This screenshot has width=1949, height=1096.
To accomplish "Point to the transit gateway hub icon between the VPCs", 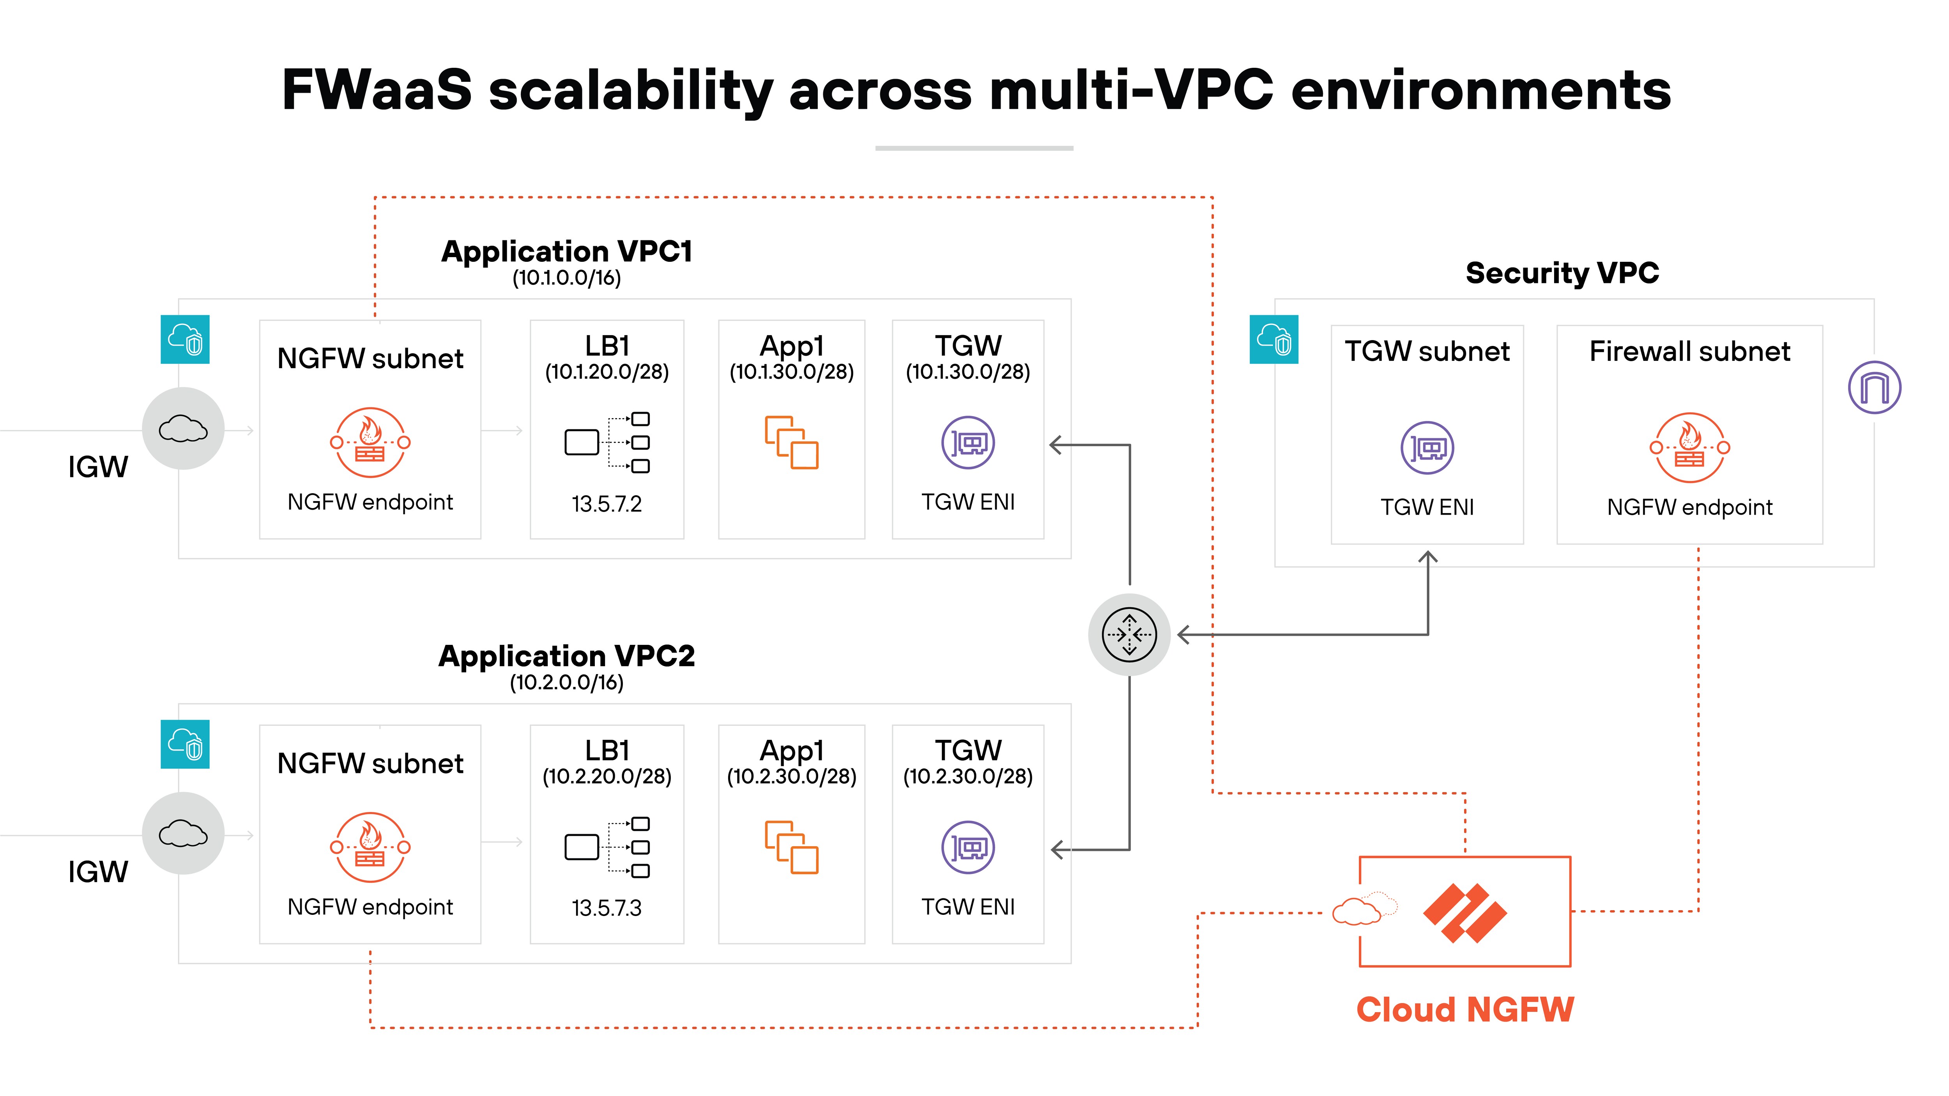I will [x=1129, y=635].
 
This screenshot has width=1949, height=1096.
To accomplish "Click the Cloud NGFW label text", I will [x=1465, y=1010].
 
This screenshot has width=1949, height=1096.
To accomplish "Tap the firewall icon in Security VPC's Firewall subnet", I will [x=1689, y=448].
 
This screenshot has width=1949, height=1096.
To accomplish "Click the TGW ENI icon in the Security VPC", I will [x=1427, y=448].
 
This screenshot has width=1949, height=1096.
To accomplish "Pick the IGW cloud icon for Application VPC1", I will [x=183, y=429].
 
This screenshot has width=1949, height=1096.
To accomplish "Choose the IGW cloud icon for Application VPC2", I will [x=183, y=833].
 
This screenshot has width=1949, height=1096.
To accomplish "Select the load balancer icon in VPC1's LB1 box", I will [x=607, y=443].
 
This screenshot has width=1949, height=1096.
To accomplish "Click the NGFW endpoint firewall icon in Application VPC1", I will [x=370, y=443].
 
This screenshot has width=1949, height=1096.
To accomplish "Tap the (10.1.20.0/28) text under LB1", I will [x=607, y=372].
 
